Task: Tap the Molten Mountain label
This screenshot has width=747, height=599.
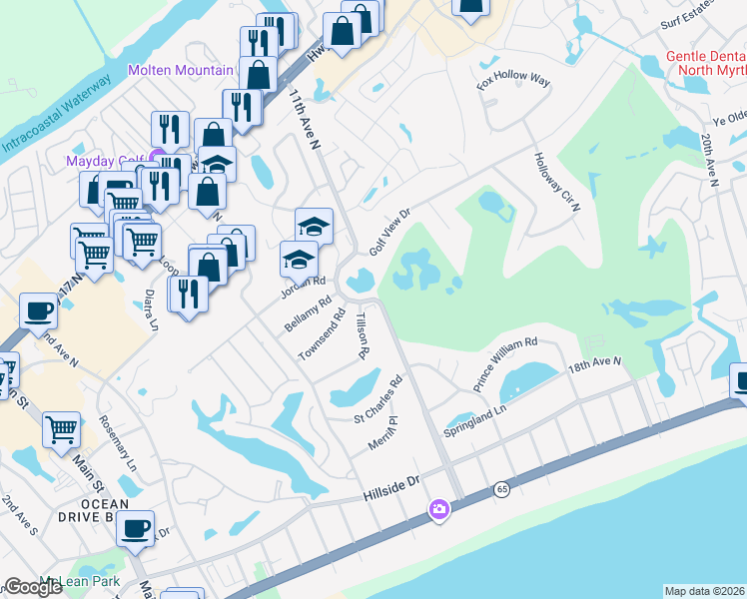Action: (x=181, y=70)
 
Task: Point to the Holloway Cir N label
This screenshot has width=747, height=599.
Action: (x=556, y=182)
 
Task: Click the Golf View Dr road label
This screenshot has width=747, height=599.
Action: (x=390, y=232)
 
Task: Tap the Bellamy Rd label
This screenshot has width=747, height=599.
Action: (x=308, y=314)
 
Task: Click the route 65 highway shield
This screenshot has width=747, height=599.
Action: (x=501, y=489)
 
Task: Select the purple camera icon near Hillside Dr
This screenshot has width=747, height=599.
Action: (x=438, y=510)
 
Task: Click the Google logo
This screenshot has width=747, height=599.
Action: (x=33, y=587)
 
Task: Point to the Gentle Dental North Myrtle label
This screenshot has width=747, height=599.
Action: (x=706, y=62)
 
